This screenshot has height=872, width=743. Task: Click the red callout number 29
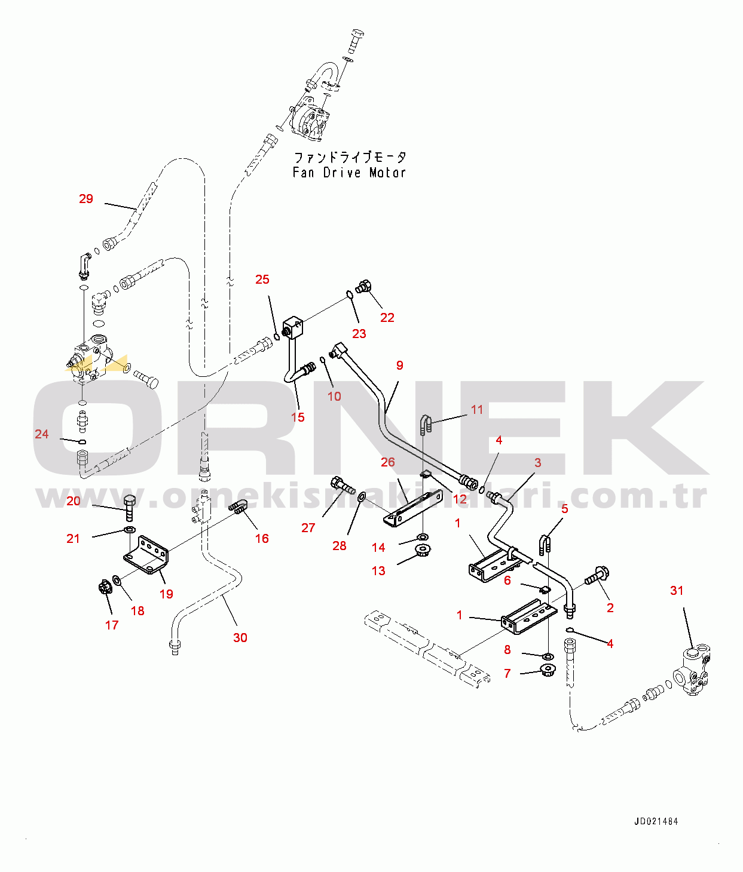[x=86, y=199]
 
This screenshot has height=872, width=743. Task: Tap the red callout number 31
[x=677, y=591]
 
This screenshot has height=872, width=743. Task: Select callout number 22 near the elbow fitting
[x=387, y=318]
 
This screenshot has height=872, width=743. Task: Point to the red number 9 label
[x=400, y=366]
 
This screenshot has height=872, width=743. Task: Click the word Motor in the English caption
[x=387, y=173]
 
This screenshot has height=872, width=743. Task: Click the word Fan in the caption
[x=303, y=173]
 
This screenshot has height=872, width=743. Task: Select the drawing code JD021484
[x=656, y=822]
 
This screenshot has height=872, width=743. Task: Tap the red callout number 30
[x=240, y=638]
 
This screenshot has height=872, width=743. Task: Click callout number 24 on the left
[x=42, y=434]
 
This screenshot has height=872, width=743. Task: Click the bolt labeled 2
[x=597, y=576]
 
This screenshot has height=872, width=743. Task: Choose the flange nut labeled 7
[x=546, y=670]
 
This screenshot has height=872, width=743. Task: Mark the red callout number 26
[x=388, y=462]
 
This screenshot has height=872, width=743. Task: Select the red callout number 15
[x=298, y=417]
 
